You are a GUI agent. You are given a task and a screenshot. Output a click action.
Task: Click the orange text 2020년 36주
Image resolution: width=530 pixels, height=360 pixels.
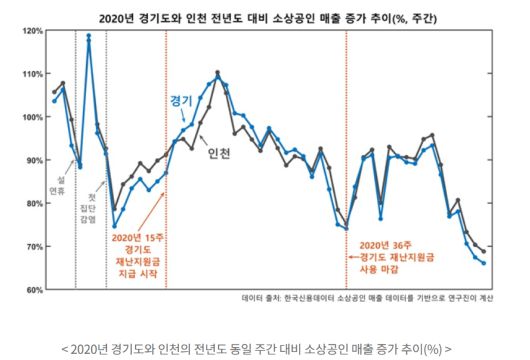coord(385,243)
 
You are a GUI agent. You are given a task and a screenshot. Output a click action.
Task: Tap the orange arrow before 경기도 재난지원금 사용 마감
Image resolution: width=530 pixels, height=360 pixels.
coord(351,256)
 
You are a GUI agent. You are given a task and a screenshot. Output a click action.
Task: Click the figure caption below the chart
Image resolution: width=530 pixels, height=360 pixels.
coord(255,348)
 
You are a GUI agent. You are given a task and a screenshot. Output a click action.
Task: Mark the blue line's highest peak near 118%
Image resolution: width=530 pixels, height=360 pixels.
coord(89,37)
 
